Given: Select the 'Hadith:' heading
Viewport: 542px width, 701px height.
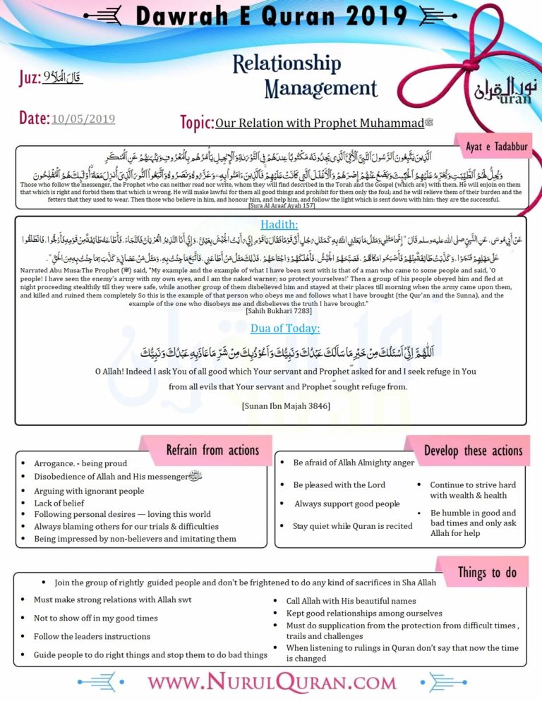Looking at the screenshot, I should [x=270, y=225].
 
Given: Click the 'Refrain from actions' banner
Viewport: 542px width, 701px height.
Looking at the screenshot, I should [x=212, y=450].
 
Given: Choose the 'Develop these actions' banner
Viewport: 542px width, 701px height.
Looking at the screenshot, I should [x=473, y=450].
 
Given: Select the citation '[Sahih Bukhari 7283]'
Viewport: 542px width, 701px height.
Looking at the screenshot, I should [x=270, y=310].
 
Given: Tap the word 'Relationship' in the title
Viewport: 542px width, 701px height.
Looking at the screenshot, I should [x=286, y=64].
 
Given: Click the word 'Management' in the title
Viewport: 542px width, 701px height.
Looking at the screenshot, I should [x=321, y=88].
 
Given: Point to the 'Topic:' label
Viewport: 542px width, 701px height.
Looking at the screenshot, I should [x=197, y=123].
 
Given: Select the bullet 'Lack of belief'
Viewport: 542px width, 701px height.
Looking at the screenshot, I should [x=59, y=503].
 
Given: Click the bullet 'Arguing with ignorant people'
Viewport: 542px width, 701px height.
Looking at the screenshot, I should [x=88, y=491].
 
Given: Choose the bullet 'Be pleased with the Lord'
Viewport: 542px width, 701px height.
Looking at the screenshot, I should [x=339, y=484].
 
